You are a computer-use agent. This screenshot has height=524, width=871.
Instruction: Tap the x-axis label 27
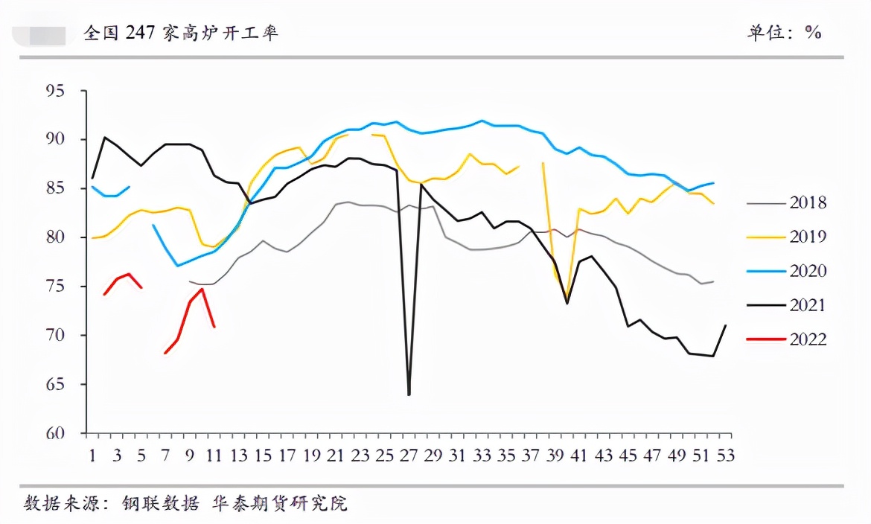[409, 455]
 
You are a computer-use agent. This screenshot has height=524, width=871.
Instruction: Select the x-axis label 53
[725, 455]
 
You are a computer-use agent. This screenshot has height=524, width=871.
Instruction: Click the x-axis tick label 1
[92, 455]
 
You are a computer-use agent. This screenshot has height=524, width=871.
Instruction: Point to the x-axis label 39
[555, 455]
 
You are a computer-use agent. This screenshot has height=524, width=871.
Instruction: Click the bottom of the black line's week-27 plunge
[409, 394]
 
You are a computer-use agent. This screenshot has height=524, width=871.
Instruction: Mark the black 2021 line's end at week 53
[726, 325]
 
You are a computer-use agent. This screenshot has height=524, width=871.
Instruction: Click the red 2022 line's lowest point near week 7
[165, 354]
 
